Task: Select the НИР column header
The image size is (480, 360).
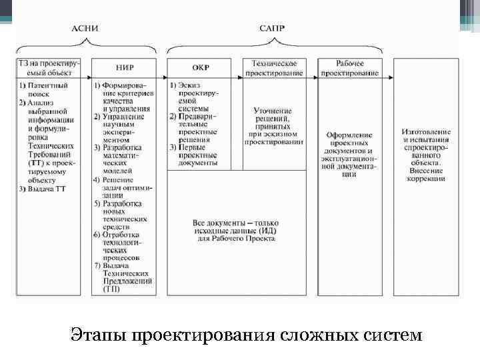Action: click(x=125, y=67)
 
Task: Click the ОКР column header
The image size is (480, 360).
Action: click(x=201, y=67)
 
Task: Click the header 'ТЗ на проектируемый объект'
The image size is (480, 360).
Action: click(x=50, y=67)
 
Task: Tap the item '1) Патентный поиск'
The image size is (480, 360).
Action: click(x=46, y=90)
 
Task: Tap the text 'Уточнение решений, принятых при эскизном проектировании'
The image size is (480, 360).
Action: click(x=273, y=125)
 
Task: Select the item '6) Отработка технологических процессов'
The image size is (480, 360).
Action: click(x=125, y=246)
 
